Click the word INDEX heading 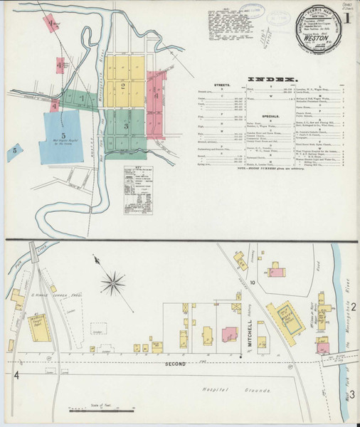coord(271,78)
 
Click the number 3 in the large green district coord(125,126)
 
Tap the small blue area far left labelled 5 coord(14,150)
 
